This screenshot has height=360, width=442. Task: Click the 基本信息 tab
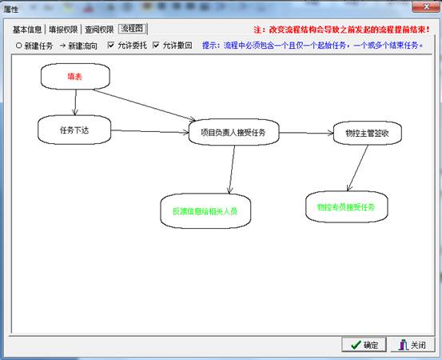(27, 30)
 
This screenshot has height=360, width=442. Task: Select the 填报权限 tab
(63, 30)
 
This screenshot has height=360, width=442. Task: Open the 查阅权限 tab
(99, 30)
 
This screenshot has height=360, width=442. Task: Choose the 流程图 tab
(133, 29)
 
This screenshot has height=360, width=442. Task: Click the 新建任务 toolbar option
(34, 46)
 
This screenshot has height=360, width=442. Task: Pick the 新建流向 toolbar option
(78, 46)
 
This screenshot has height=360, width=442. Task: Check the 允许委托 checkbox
(111, 45)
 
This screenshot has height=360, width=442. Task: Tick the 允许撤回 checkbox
(156, 45)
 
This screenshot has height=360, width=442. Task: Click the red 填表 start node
(75, 77)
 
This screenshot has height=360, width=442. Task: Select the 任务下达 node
(74, 130)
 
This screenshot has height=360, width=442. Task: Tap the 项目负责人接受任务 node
(233, 132)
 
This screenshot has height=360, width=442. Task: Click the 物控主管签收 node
(368, 133)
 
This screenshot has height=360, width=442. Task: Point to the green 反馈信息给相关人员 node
(205, 211)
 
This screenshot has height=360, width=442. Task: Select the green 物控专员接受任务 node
(347, 207)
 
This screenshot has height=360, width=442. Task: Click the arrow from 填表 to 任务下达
(76, 102)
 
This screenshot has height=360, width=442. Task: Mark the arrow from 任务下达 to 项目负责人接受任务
(149, 131)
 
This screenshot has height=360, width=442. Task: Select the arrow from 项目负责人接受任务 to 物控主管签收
(306, 133)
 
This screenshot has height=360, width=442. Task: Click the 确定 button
(364, 345)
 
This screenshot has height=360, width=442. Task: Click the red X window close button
(427, 6)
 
